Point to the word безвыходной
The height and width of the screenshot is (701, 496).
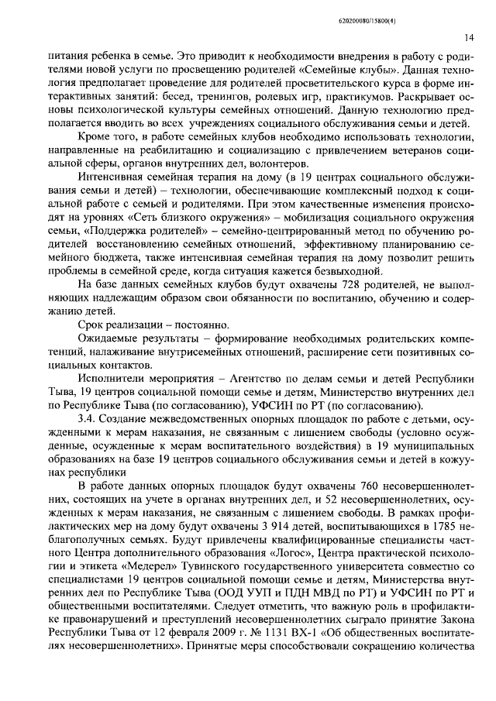(x=346, y=270)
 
